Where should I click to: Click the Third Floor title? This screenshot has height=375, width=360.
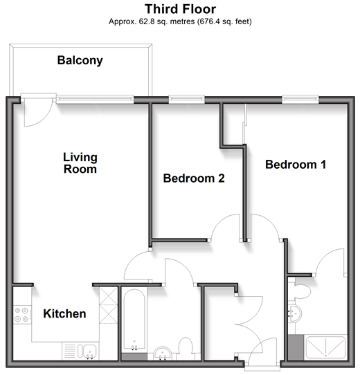[x=180, y=9]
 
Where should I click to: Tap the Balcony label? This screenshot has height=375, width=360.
[x=80, y=60]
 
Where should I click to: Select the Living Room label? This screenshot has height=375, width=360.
[x=80, y=163]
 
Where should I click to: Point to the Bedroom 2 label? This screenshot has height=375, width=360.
[x=194, y=179]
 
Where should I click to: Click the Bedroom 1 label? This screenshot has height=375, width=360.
[x=296, y=165]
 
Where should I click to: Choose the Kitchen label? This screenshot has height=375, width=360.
[x=64, y=313]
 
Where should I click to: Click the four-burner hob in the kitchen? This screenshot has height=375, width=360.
[x=22, y=315]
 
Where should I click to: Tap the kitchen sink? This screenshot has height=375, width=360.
[x=87, y=351]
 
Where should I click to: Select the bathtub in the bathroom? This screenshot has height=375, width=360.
[x=134, y=320]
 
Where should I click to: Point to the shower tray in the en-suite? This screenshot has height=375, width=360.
[x=326, y=347]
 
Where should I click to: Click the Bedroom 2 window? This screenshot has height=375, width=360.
[x=187, y=100]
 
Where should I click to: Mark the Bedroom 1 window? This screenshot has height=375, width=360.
[x=300, y=100]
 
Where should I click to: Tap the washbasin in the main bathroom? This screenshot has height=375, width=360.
[x=163, y=354]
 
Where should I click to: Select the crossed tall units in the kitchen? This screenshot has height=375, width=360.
[x=108, y=305]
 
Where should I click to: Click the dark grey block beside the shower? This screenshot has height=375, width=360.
[x=296, y=347]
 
